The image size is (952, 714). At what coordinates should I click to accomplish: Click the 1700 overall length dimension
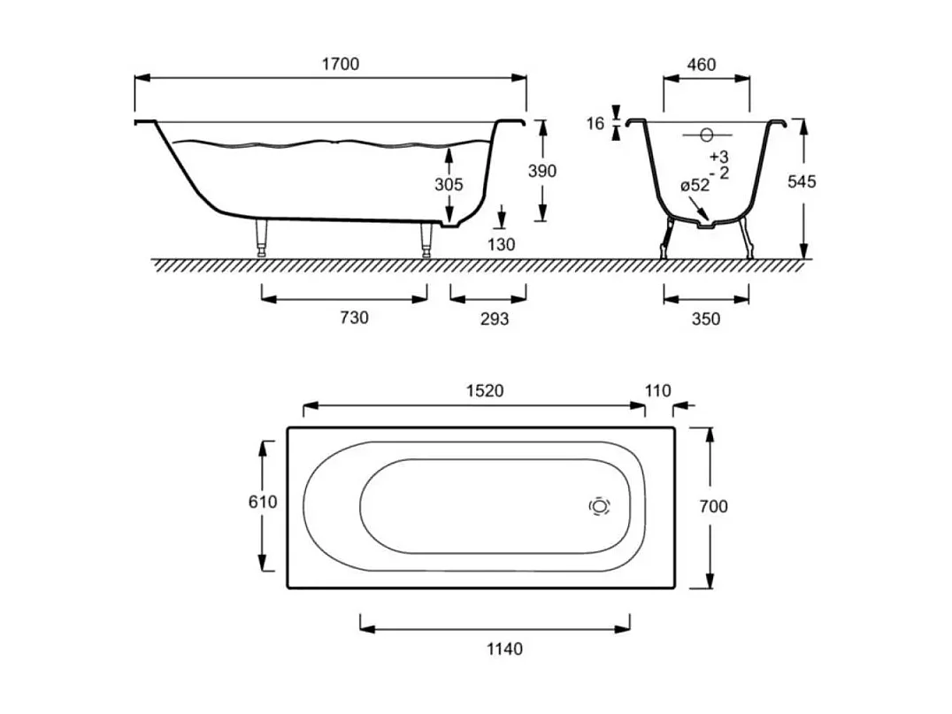(x=340, y=64)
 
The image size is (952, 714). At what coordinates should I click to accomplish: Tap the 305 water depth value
(x=449, y=184)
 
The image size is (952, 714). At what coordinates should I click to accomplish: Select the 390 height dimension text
(x=542, y=172)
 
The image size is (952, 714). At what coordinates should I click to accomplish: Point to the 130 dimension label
(x=501, y=245)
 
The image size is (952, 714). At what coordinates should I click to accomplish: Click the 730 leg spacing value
(x=354, y=318)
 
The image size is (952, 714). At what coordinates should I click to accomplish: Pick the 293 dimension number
(x=495, y=319)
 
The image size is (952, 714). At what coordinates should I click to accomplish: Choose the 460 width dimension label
(x=702, y=65)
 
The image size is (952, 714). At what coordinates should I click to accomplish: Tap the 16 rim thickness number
(x=595, y=124)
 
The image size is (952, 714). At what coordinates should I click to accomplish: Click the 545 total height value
(x=802, y=181)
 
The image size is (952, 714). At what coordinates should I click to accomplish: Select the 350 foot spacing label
(x=705, y=319)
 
